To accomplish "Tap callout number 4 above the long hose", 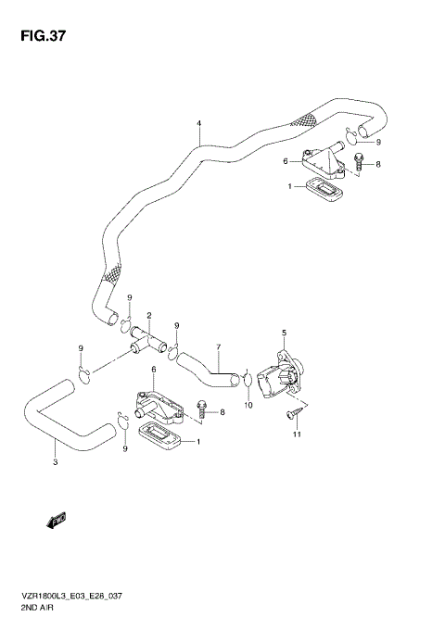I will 198,123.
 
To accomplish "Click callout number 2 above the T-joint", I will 148,316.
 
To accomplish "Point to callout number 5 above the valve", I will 285,333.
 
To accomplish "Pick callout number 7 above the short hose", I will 218,348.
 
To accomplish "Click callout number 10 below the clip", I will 248,404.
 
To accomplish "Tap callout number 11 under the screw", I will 298,434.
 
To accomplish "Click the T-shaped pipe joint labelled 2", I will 146,340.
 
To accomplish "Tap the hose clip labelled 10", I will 248,380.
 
